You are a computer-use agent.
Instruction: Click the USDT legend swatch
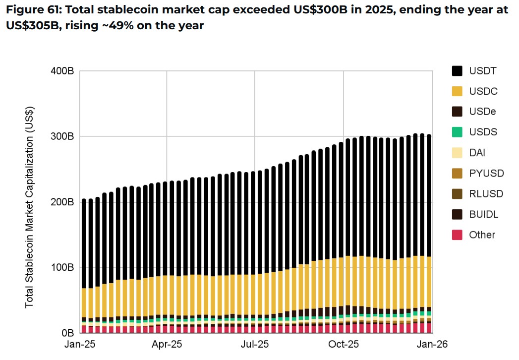(457, 71)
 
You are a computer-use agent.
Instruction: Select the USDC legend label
(483, 91)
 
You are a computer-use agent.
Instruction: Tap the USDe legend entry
(482, 112)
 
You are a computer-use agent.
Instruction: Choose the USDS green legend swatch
(457, 132)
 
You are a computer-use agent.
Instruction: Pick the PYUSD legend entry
(486, 173)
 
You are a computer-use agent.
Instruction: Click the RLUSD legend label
(486, 194)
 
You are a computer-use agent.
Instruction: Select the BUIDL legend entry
(483, 214)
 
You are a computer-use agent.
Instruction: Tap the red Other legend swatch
(457, 235)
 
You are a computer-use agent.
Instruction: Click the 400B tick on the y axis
(62, 71)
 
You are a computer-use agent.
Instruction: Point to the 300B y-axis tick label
(62, 136)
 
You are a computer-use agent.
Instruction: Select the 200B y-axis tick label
(62, 202)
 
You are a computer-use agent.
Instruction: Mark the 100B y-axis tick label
(62, 267)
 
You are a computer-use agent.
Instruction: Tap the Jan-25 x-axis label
(80, 344)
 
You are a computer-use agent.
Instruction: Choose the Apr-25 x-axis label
(167, 344)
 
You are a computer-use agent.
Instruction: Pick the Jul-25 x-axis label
(255, 344)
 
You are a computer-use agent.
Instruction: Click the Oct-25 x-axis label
(343, 344)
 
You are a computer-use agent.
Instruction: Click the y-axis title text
(29, 207)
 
